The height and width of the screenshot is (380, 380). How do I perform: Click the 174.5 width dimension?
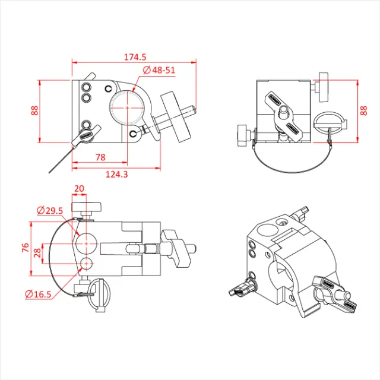pyautogui.click(x=135, y=57)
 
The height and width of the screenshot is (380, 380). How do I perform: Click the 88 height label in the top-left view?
pyautogui.click(x=34, y=111)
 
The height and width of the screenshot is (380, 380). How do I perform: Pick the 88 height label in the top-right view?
pyautogui.click(x=364, y=111)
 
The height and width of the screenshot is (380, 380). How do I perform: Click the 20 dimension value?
pyautogui.click(x=79, y=188)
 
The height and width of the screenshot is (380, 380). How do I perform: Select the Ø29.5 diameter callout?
pyautogui.click(x=50, y=210)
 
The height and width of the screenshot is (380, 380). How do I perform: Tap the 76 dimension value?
pyautogui.click(x=25, y=248)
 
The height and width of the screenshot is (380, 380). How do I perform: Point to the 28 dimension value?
pyautogui.click(x=37, y=252)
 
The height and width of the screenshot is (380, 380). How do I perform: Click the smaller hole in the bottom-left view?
pyautogui.click(x=87, y=264)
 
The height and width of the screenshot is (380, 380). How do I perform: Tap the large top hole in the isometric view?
pyautogui.click(x=265, y=229)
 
